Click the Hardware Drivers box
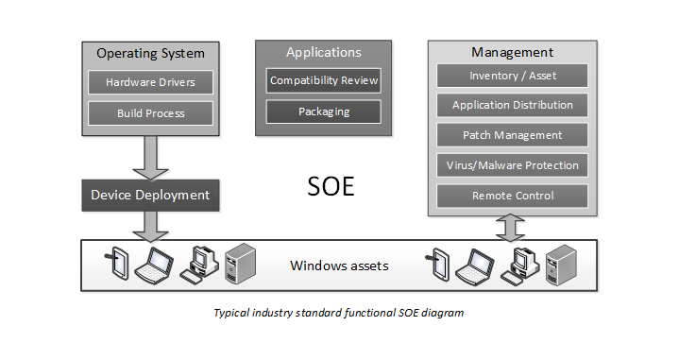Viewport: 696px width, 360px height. click(x=150, y=82)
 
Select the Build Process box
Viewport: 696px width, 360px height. click(x=150, y=113)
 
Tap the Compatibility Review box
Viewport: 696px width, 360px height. click(x=324, y=80)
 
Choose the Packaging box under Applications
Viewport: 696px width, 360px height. click(x=324, y=111)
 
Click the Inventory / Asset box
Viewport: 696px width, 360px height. click(x=512, y=76)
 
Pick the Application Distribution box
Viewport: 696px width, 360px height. click(x=512, y=106)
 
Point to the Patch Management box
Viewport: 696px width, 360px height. click(x=512, y=135)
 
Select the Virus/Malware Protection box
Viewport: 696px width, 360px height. click(x=512, y=165)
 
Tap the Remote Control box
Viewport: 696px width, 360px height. click(x=512, y=196)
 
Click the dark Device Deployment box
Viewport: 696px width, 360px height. click(x=150, y=196)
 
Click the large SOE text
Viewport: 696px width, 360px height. click(x=331, y=186)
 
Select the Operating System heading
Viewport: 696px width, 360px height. click(x=150, y=53)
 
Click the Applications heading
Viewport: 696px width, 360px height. click(x=324, y=52)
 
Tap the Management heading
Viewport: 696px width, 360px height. click(x=512, y=52)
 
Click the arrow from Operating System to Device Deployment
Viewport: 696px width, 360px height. click(x=150, y=156)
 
